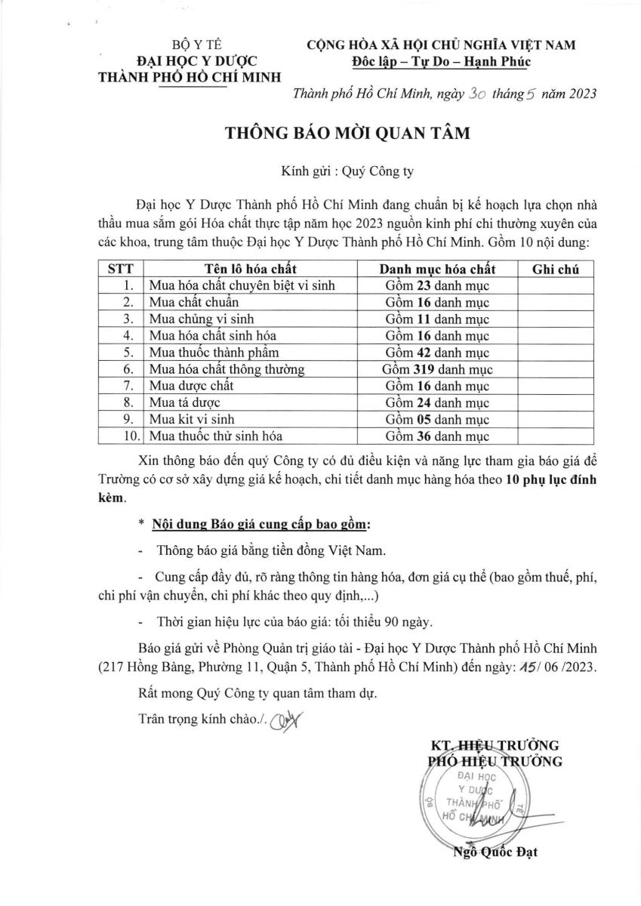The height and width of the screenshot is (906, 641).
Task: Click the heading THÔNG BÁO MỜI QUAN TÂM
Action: pyautogui.click(x=347, y=134)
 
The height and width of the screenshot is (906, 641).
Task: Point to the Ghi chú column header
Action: pyautogui.click(x=555, y=270)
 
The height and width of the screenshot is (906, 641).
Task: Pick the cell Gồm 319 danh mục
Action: pyautogui.click(x=437, y=369)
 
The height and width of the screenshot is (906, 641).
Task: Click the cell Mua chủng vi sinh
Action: pyautogui.click(x=193, y=319)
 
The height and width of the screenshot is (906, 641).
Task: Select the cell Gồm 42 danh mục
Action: pyautogui.click(x=437, y=353)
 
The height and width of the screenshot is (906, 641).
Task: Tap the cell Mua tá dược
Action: pyautogui.click(x=181, y=402)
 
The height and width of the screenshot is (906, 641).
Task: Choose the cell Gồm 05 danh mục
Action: pyautogui.click(x=437, y=419)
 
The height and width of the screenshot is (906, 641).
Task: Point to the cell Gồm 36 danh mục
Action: pyautogui.click(x=437, y=436)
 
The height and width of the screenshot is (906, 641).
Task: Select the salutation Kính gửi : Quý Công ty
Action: pyautogui.click(x=347, y=171)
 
